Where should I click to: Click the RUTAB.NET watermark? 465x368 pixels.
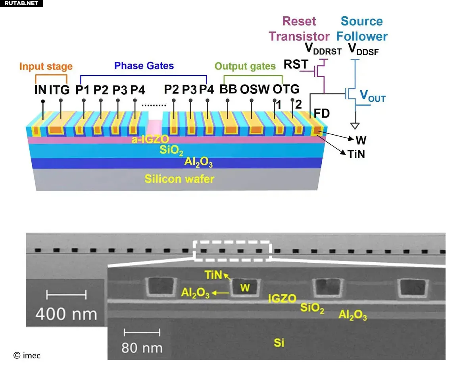click(x=21, y=3)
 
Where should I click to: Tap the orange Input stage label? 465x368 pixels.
click(x=46, y=66)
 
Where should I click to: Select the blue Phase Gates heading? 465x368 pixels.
click(x=144, y=66)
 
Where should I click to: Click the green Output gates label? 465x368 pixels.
click(x=245, y=66)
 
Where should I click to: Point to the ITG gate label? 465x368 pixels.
click(x=59, y=90)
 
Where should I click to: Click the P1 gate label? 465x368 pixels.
click(x=82, y=90)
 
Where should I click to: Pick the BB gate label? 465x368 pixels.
click(x=228, y=89)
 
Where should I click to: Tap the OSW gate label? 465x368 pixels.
click(x=255, y=89)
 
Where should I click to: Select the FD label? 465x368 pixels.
click(x=322, y=113)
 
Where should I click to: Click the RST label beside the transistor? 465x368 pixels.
click(x=296, y=64)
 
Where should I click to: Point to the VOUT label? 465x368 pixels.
click(x=373, y=96)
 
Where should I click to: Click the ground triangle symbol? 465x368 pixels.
click(x=355, y=126)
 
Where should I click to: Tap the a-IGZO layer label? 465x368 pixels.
click(x=150, y=139)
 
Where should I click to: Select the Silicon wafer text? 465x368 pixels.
click(x=179, y=179)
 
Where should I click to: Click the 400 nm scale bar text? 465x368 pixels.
click(x=66, y=314)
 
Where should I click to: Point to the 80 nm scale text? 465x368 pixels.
click(x=142, y=348)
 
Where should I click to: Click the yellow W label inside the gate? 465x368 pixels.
click(x=245, y=287)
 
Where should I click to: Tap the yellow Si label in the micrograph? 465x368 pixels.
click(x=279, y=343)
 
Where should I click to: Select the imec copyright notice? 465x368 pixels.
click(x=27, y=355)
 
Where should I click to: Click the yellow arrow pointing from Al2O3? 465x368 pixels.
click(x=220, y=293)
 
